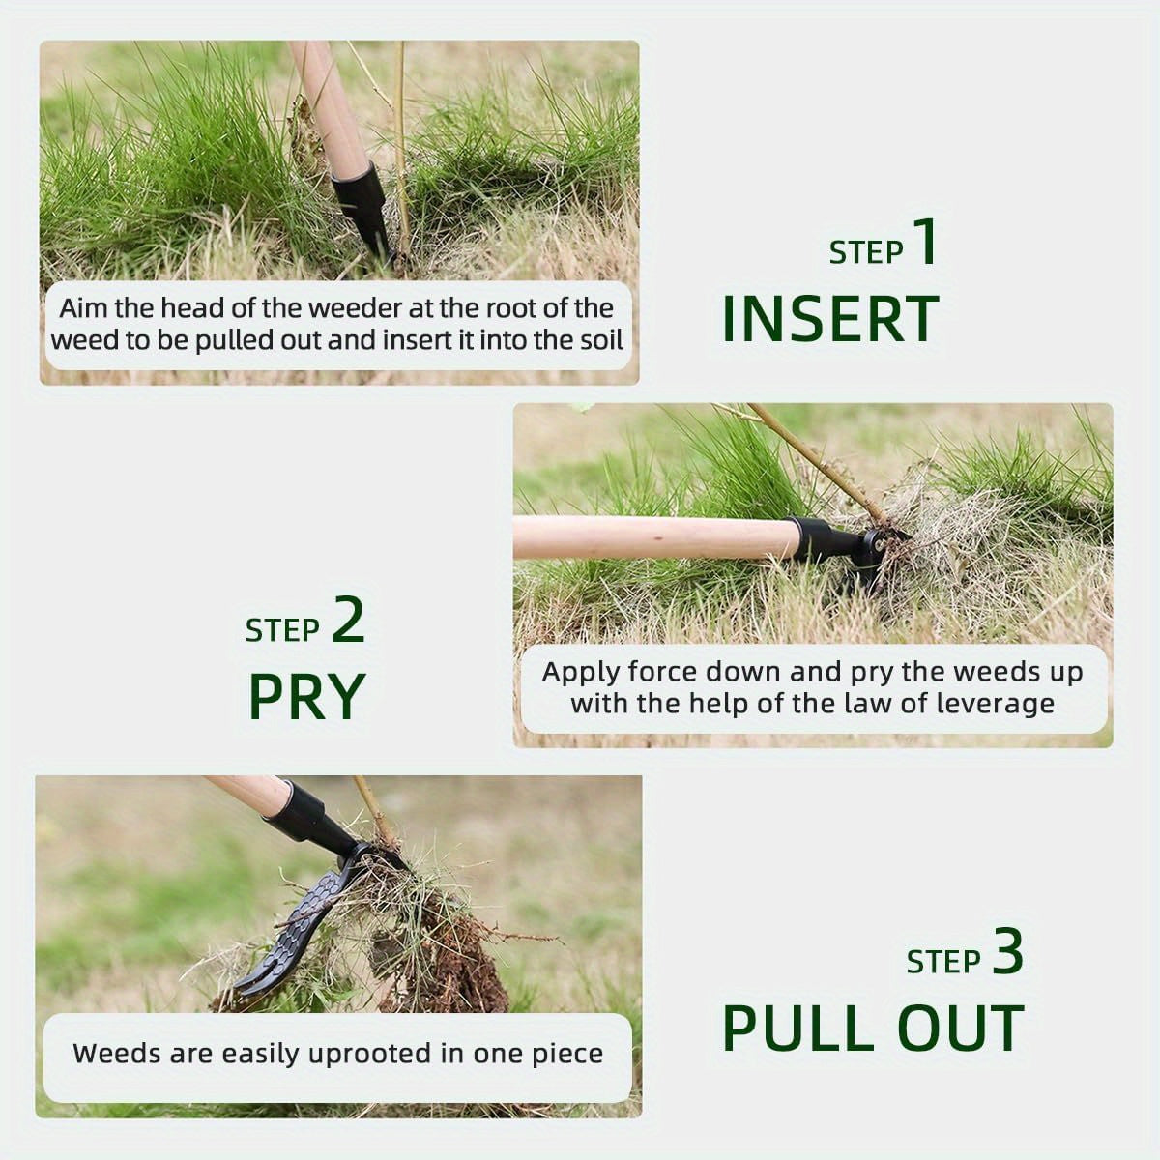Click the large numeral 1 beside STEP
pyautogui.click(x=925, y=243)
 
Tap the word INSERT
pyautogui.click(x=830, y=320)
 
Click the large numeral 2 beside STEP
pyautogui.click(x=348, y=621)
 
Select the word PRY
pyautogui.click(x=306, y=696)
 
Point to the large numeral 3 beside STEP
pyautogui.click(x=1007, y=952)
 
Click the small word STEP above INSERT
pyautogui.click(x=865, y=252)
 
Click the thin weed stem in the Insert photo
pyautogui.click(x=399, y=145)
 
